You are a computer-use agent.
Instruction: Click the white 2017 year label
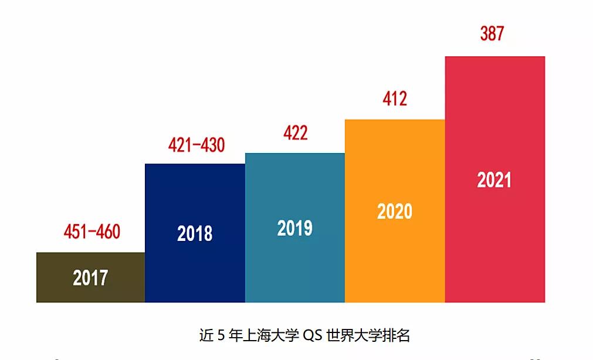[90, 277]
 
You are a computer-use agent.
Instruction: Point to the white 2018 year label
[195, 233]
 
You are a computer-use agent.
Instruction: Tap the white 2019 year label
[294, 228]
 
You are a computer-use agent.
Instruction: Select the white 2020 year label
[395, 211]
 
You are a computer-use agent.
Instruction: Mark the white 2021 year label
[494, 180]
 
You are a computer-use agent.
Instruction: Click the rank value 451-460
[92, 232]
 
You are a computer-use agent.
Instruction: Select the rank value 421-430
[196, 145]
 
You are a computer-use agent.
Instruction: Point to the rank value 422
[295, 133]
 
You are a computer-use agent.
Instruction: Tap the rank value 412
[395, 99]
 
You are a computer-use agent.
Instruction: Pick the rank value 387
[492, 34]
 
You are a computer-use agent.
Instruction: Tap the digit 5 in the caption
[221, 336]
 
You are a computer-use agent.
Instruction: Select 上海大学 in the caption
[270, 336]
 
